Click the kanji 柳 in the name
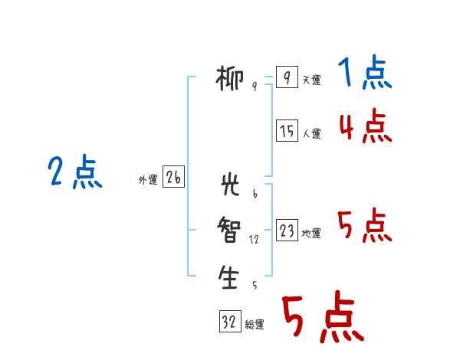point(229,78)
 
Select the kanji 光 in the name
point(230,184)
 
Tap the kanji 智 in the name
point(229,230)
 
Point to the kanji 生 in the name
point(228,277)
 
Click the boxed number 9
point(287,77)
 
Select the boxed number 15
point(287,130)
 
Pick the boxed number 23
point(287,230)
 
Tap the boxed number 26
point(173,176)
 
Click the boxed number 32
point(230,321)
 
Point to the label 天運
point(311,80)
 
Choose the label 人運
point(311,134)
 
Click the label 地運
point(311,234)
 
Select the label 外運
point(148,180)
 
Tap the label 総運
point(255,325)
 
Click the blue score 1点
point(365,72)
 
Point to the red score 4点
point(366,126)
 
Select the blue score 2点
point(75,172)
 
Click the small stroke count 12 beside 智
point(254,240)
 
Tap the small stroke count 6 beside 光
point(255,194)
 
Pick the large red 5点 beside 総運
point(324,316)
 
